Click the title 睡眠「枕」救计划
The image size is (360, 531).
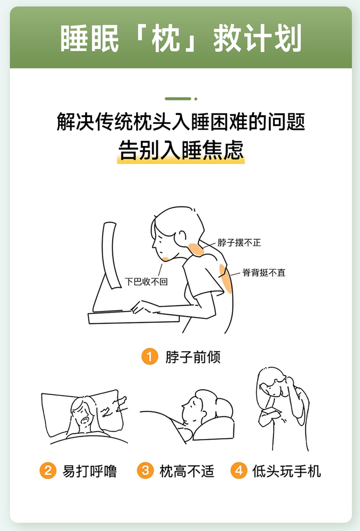(x=180, y=38)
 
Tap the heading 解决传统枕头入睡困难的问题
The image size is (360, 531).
(x=180, y=121)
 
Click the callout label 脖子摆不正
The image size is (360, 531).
(x=239, y=242)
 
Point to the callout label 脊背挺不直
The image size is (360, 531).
(x=264, y=273)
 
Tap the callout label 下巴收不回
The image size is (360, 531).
(x=146, y=281)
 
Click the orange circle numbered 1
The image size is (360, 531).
(x=149, y=357)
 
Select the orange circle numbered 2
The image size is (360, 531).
(x=48, y=471)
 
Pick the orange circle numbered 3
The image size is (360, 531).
(x=145, y=471)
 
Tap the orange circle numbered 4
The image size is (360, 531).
(x=239, y=471)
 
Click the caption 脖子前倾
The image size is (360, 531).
(x=193, y=357)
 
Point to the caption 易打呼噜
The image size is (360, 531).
(x=89, y=471)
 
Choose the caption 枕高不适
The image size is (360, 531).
(x=187, y=471)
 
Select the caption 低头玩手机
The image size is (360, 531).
(x=287, y=471)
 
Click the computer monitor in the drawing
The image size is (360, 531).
(x=111, y=254)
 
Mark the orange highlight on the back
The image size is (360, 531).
(x=226, y=278)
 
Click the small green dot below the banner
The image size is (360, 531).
(x=195, y=99)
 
